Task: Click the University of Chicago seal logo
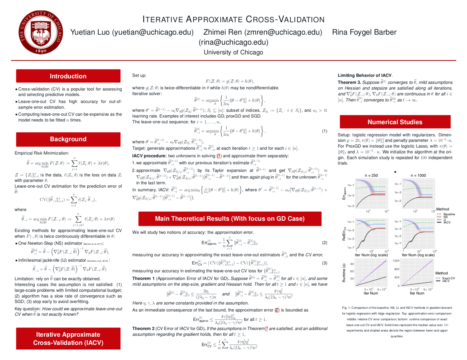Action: click(40, 33)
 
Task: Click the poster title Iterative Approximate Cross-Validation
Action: click(233, 19)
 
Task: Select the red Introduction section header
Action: click(68, 76)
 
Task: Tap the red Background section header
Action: click(68, 139)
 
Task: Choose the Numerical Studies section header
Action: click(395, 122)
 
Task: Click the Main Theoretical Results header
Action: click(230, 219)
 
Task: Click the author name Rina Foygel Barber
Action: click(364, 32)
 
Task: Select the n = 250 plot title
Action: click(371, 175)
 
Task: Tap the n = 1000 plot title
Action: click(418, 175)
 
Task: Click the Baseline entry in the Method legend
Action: click(449, 214)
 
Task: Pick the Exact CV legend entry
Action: click(448, 278)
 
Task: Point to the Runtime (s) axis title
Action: click(344, 273)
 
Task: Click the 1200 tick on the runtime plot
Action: click(396, 261)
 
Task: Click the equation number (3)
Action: click(324, 263)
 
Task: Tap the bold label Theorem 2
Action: click(143, 328)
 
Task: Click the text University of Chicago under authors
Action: click(233, 52)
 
